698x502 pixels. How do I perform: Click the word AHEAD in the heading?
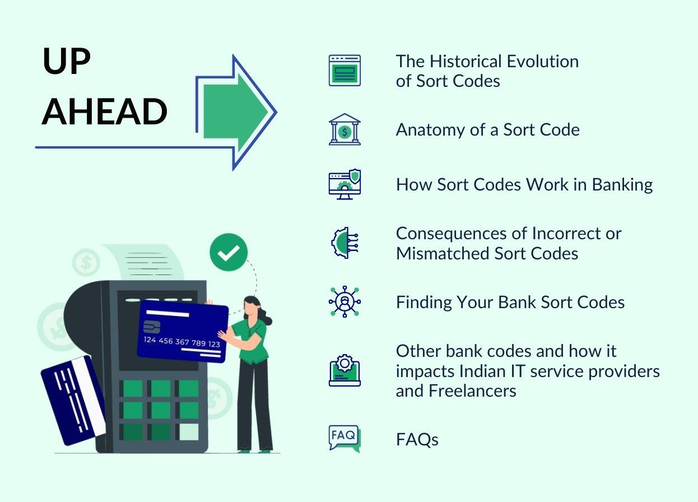[x=105, y=111]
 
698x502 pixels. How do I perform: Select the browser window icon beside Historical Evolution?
[x=345, y=71]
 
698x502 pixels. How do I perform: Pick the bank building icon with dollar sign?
[x=345, y=129]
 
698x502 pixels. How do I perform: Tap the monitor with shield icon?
[x=345, y=185]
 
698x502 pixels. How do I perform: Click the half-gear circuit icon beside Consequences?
[x=343, y=243]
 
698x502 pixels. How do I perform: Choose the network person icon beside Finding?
[x=345, y=302]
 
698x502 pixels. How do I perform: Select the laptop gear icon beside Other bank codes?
[x=345, y=370]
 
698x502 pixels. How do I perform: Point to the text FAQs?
[x=417, y=440]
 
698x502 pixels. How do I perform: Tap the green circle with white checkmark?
[x=229, y=253]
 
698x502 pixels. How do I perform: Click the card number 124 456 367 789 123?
[x=182, y=342]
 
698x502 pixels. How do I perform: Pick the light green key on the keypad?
[x=189, y=431]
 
